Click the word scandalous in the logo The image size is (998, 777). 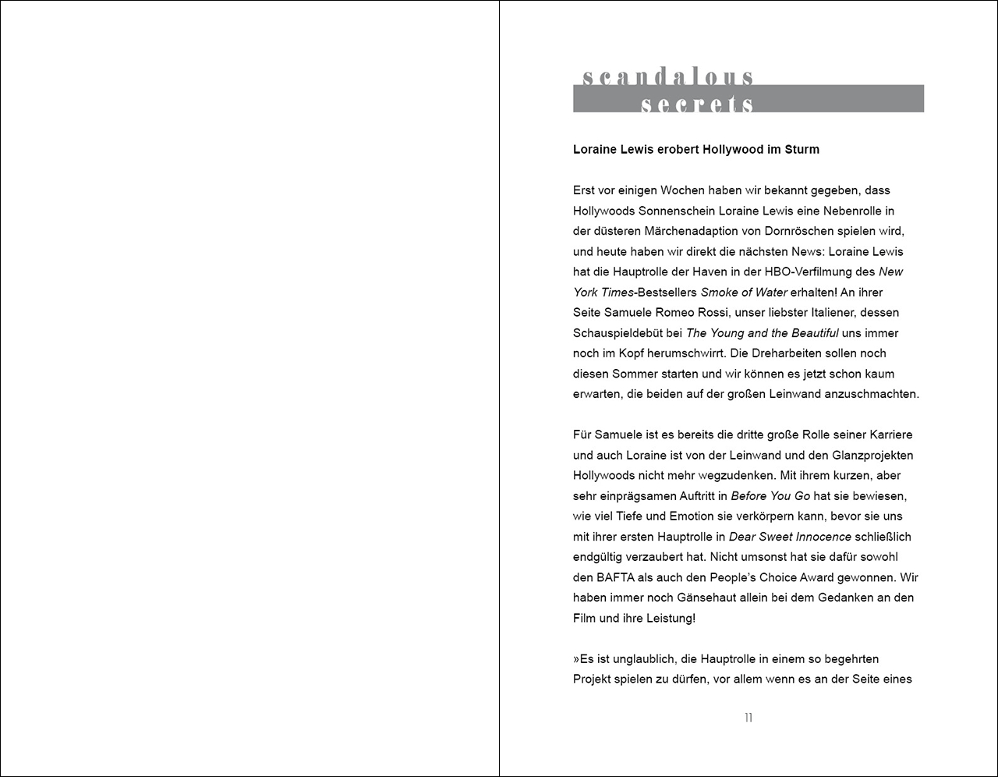[x=668, y=76]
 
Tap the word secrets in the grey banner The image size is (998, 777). [x=697, y=104]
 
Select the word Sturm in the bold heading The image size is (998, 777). [x=802, y=149]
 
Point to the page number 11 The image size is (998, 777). [x=748, y=718]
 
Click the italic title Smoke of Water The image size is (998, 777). [x=743, y=292]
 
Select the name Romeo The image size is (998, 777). [x=685, y=312]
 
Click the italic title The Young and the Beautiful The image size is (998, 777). [x=762, y=332]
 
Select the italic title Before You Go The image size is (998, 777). [x=770, y=495]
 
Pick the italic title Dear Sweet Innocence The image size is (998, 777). [x=790, y=537]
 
